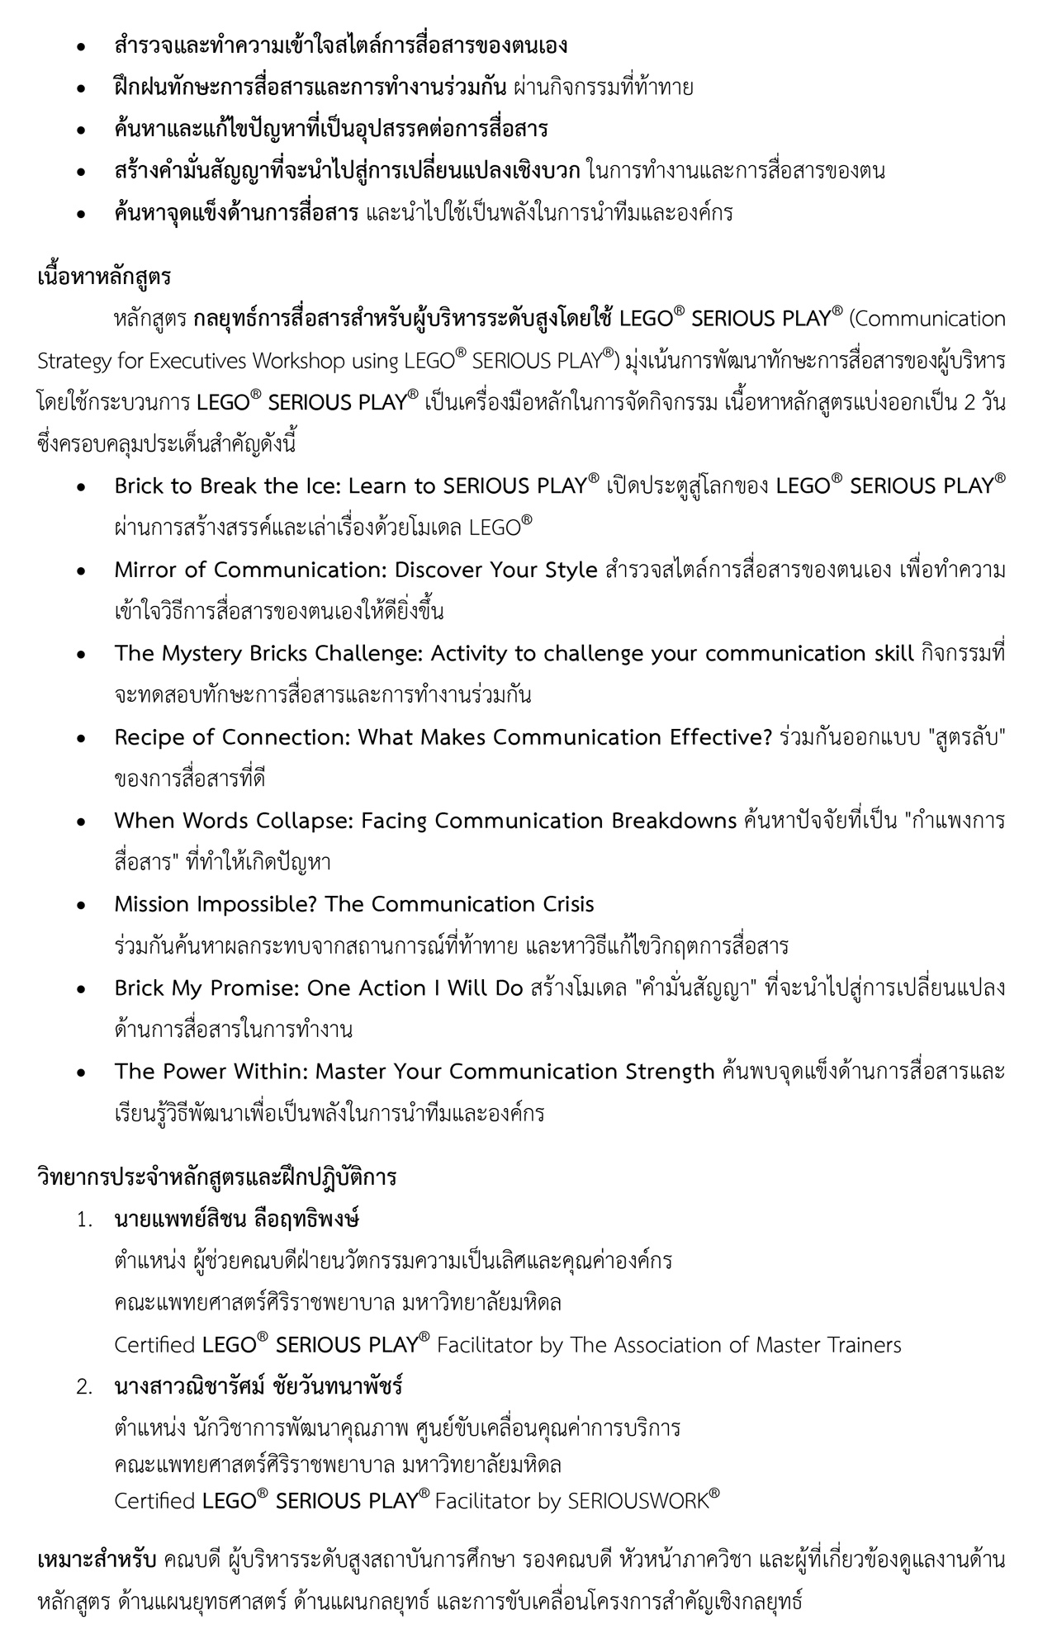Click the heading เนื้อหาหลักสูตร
click(104, 276)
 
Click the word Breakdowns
click(674, 820)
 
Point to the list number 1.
click(84, 1219)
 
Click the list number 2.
click(84, 1386)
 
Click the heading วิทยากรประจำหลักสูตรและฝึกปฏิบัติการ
click(217, 1177)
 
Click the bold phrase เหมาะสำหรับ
click(97, 1560)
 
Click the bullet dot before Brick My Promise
click(81, 988)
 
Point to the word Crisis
click(566, 904)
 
